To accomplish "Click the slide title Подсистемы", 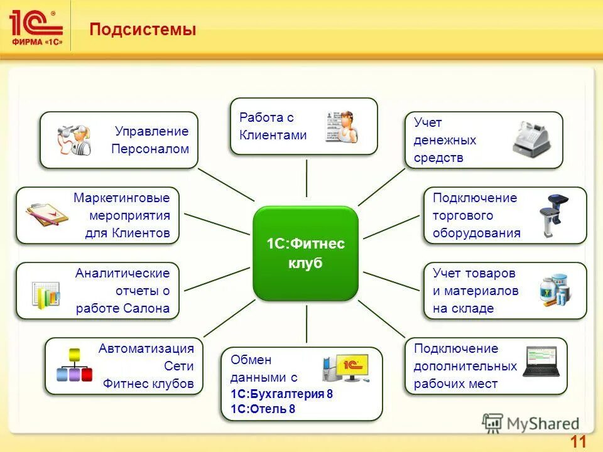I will (x=142, y=30).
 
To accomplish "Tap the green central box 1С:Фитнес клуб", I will (x=306, y=253).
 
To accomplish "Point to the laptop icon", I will (x=541, y=362).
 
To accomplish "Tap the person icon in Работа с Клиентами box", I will (x=342, y=127).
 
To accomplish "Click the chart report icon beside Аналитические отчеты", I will (x=46, y=293).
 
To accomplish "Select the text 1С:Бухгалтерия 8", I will (x=281, y=394).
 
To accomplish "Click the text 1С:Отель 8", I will (x=263, y=409).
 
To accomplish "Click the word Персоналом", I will (x=150, y=149).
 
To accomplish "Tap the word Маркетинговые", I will (x=122, y=198).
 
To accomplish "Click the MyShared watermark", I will (x=531, y=424).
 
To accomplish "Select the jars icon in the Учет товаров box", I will (x=555, y=290).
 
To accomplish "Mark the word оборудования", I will (x=476, y=233).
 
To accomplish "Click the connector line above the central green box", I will (x=307, y=179).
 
